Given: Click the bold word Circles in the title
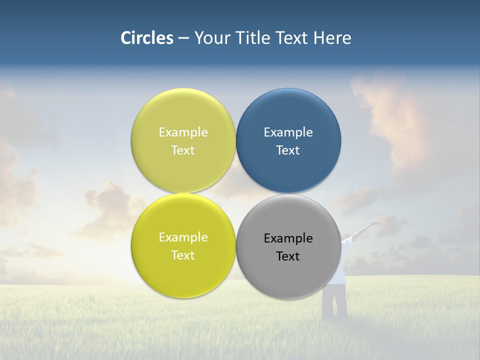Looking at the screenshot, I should [x=147, y=38].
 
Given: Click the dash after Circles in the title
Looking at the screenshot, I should [x=183, y=38].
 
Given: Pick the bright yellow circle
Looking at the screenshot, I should [x=183, y=275].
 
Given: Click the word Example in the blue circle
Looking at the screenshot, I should [x=288, y=132].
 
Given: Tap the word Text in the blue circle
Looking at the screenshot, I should [x=288, y=150].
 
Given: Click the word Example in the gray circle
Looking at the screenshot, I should [x=288, y=238].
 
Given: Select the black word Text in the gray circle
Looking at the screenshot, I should [x=288, y=256].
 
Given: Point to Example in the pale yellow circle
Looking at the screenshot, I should [x=183, y=132].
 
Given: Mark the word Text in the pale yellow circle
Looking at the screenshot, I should [x=183, y=150].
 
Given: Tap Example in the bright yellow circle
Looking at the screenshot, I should [x=183, y=237].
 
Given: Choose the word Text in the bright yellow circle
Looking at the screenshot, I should [x=183, y=255].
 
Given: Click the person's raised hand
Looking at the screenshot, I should [x=376, y=222].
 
